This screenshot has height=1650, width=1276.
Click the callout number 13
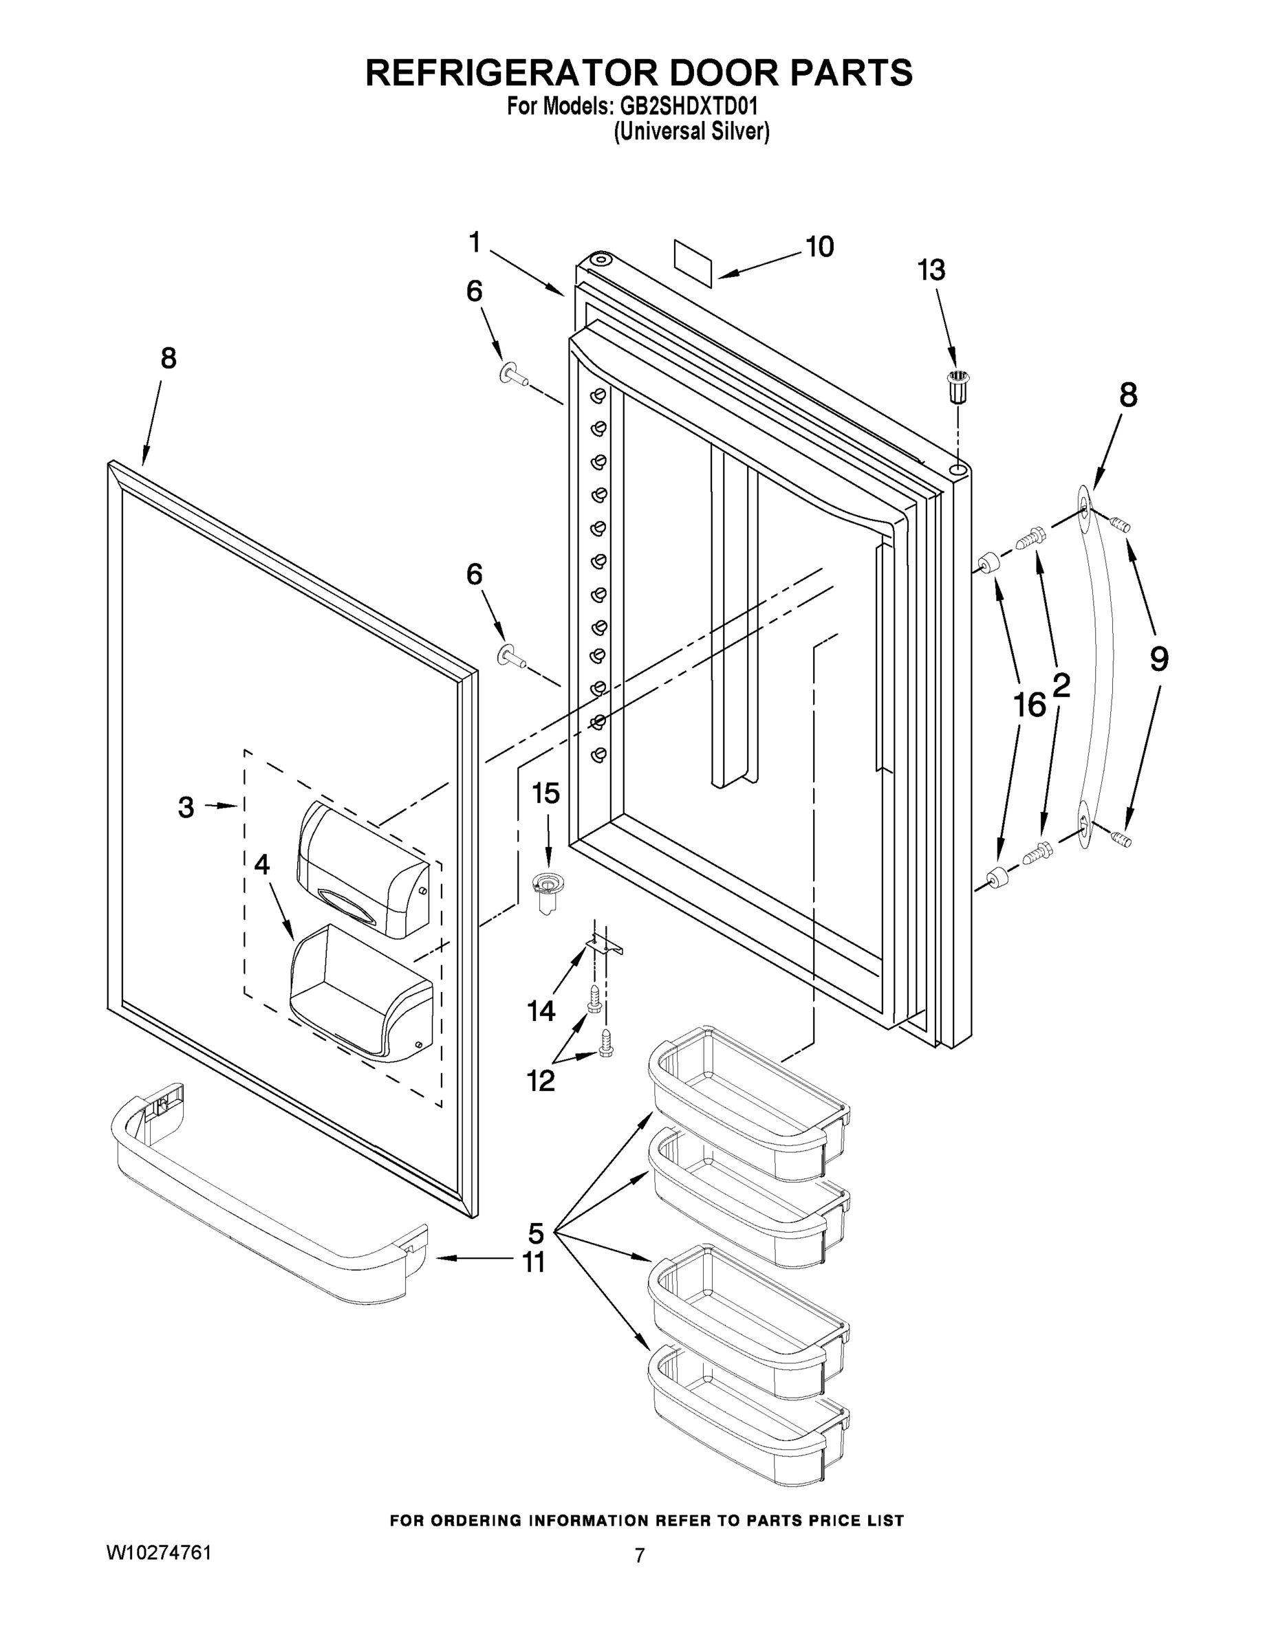click(931, 270)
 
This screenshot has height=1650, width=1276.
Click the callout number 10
click(819, 247)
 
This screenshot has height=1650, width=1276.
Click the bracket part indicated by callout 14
click(605, 942)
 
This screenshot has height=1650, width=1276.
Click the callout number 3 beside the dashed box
click(186, 807)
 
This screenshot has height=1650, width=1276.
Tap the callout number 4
click(261, 864)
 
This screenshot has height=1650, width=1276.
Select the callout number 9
click(1159, 659)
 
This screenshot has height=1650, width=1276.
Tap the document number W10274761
click(159, 1552)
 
